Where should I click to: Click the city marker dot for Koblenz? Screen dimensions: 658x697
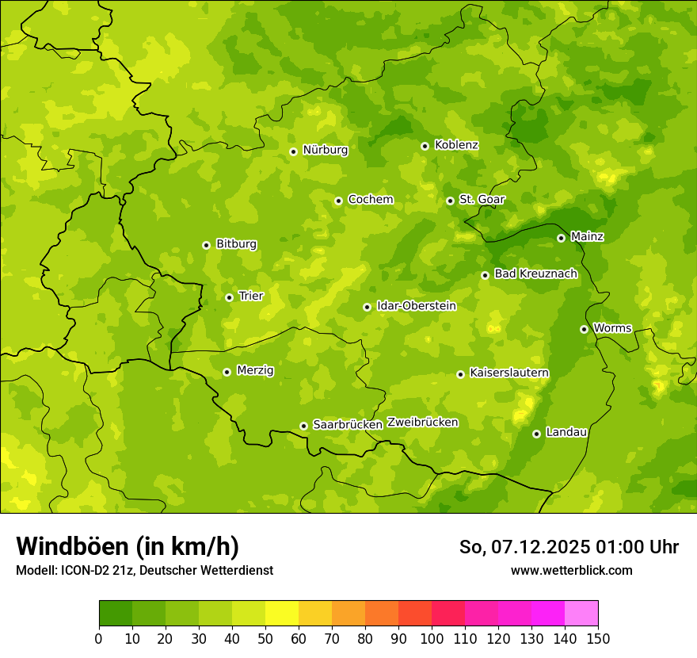pos(425,146)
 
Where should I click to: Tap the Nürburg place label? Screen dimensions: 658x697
pos(325,150)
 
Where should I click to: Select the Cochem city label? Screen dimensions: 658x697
pos(370,200)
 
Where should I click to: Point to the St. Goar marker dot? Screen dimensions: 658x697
pos(450,201)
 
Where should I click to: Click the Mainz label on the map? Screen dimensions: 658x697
pos(587,236)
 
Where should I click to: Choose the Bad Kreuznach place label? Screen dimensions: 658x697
pos(535,274)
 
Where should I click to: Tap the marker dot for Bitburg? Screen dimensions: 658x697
pos(206,245)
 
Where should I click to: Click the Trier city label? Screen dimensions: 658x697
pos(250,296)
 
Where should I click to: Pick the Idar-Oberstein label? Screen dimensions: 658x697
pos(417,305)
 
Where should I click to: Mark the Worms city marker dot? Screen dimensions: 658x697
pos(584,329)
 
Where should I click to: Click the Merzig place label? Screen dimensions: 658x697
pos(256,370)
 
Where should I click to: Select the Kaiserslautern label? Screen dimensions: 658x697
pos(509,373)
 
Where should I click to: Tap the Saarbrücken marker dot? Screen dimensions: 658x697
pos(303,426)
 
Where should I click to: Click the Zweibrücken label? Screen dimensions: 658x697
pos(422,423)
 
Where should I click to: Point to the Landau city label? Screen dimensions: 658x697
pos(566,432)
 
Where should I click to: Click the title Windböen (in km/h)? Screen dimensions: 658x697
pos(128,546)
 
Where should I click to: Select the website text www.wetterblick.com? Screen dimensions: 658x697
pos(571,570)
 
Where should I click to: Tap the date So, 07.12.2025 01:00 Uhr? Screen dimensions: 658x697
pos(569,547)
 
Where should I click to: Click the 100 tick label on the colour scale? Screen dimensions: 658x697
pos(432,638)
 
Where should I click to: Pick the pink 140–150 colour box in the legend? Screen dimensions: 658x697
pos(581,613)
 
